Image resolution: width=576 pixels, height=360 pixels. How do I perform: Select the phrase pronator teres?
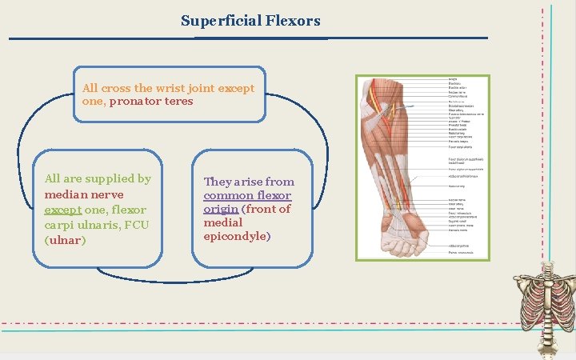[151, 102]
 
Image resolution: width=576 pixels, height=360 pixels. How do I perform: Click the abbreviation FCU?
[139, 225]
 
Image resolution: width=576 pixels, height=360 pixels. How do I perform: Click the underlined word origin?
[222, 210]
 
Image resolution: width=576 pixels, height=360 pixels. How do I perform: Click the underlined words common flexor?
[247, 196]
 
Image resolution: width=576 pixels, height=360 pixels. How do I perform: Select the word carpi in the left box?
[61, 225]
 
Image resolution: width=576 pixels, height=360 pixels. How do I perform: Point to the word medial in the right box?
[223, 223]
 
